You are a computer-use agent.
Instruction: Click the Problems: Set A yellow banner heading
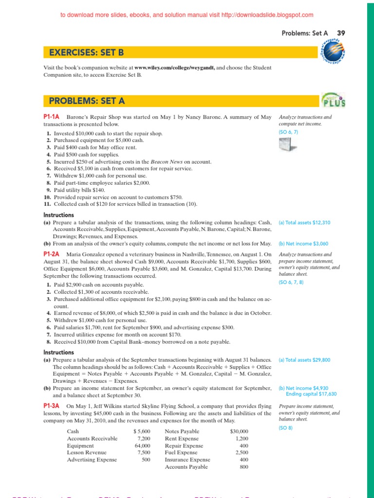click(87, 101)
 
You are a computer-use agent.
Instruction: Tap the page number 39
click(341, 33)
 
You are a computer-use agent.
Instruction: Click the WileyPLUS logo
click(334, 100)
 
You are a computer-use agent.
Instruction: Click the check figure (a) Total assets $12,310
click(304, 222)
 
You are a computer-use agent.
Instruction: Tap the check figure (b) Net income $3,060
click(304, 243)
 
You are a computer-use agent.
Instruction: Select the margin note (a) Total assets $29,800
click(304, 360)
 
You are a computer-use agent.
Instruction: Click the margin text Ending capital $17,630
click(311, 394)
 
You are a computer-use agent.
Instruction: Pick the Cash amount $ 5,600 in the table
click(142, 431)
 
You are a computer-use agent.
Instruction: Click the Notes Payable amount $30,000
click(239, 431)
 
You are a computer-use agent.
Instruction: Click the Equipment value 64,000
click(142, 445)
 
